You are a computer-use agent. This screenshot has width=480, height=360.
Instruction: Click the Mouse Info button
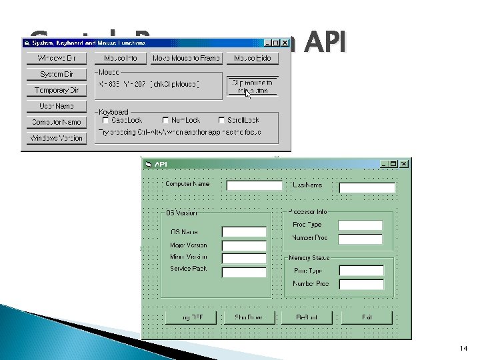coord(120,58)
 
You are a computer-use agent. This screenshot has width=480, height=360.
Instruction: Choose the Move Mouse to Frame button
coord(186,58)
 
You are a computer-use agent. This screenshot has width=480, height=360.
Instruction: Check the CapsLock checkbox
coord(105,120)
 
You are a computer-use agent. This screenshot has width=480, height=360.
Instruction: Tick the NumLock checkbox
coord(165,120)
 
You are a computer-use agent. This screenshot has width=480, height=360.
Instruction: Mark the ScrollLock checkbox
coord(221,120)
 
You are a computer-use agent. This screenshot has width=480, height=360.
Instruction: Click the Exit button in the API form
coord(367,317)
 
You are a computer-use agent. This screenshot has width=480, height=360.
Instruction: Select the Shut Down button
coord(244,317)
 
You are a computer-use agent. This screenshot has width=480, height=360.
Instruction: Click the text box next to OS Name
coord(244,232)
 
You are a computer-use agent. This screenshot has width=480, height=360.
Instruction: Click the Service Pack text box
coord(244,272)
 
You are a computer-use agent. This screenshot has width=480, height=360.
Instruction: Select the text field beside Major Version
coord(244,245)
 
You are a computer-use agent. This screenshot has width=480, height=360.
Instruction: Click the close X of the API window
coord(405,163)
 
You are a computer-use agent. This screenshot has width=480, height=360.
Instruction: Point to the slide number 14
coord(464,349)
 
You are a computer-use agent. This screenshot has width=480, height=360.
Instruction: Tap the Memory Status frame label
coord(309,257)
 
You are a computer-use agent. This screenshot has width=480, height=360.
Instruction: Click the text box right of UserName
coord(367,188)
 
